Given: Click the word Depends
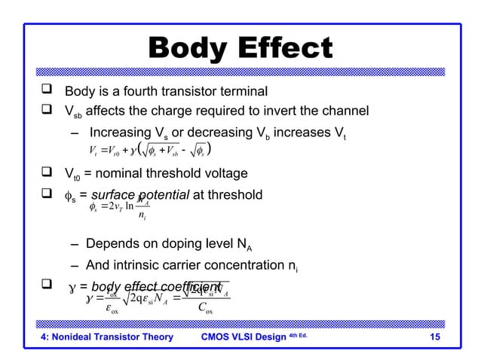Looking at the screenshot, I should pos(113,246).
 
